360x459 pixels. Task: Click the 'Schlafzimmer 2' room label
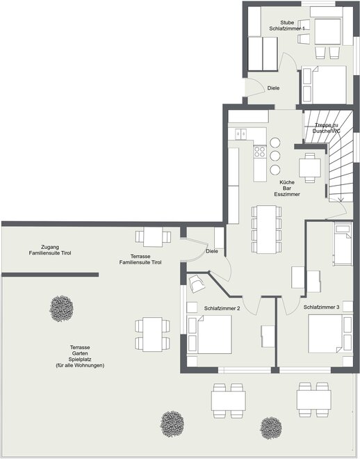click(222, 308)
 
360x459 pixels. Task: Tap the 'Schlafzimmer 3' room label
click(321, 307)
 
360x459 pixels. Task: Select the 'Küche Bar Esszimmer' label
click(287, 188)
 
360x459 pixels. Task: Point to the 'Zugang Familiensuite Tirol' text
click(50, 250)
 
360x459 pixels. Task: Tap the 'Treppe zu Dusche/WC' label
click(327, 128)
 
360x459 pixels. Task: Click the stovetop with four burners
click(260, 152)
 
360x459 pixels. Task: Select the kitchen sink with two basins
click(241, 134)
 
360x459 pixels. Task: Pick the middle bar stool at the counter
click(275, 156)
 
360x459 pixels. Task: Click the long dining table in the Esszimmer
click(266, 229)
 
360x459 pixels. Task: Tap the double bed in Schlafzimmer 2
click(215, 335)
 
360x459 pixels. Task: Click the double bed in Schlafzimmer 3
click(325, 333)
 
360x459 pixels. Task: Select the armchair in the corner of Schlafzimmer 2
click(197, 284)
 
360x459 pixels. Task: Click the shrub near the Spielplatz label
click(61, 309)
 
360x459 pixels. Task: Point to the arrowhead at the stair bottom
click(341, 200)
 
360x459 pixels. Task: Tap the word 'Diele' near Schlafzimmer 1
click(273, 88)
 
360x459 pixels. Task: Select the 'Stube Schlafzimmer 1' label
click(287, 26)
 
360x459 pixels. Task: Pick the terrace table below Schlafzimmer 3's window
click(314, 399)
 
